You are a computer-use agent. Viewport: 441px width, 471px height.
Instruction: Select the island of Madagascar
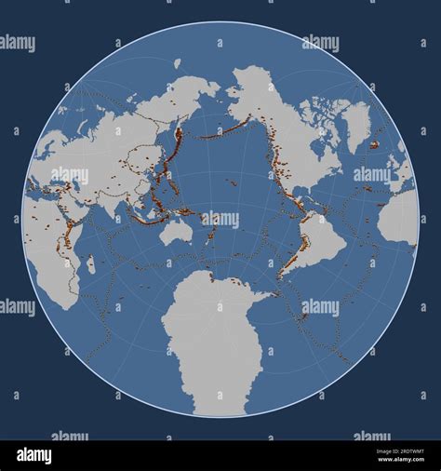(90, 264)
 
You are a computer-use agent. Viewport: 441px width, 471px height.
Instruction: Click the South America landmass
(316, 237)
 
